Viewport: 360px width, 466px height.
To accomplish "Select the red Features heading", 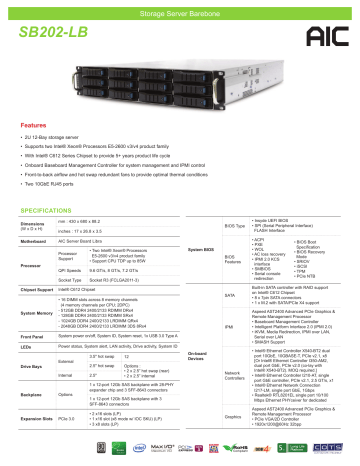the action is [37, 155].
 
